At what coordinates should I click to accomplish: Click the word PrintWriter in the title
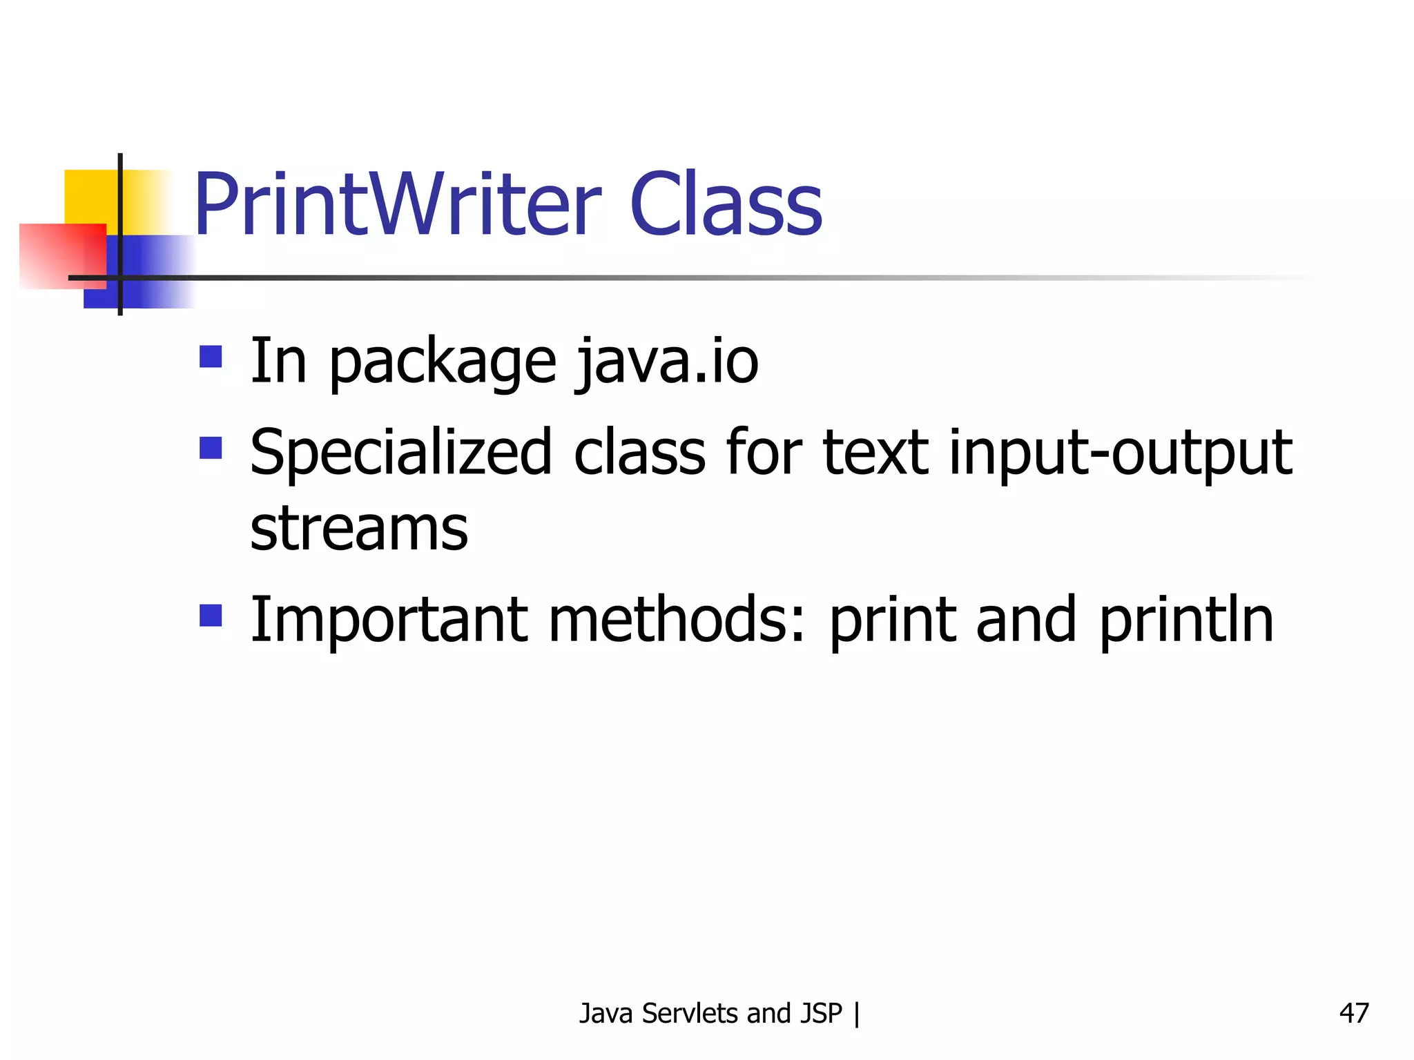398,205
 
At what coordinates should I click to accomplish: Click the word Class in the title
726,205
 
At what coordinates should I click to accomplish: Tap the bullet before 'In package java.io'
211,357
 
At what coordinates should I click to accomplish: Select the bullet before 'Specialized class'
211,448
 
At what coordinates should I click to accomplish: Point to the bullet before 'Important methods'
211,615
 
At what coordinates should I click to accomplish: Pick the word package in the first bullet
443,364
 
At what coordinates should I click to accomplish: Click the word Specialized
401,454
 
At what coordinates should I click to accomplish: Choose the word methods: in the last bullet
677,620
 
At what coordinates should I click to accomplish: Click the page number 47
1353,1013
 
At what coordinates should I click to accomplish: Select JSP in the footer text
821,1013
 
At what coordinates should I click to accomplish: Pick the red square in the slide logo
62,255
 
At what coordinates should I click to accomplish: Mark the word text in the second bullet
875,454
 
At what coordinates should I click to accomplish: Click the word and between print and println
1025,620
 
